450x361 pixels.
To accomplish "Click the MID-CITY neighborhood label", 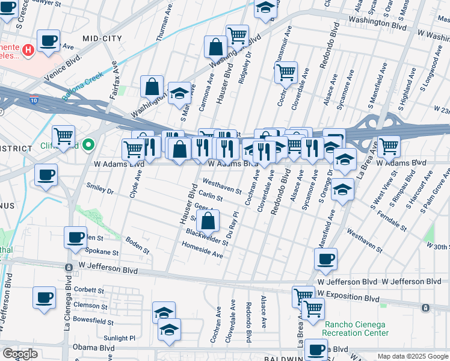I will (x=102, y=39).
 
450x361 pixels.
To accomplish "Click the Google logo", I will (x=20, y=354).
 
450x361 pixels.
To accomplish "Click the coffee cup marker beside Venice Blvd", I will (x=49, y=41).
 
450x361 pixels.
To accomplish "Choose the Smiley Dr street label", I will (x=100, y=189).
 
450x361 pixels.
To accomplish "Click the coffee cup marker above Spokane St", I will (x=76, y=237).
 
